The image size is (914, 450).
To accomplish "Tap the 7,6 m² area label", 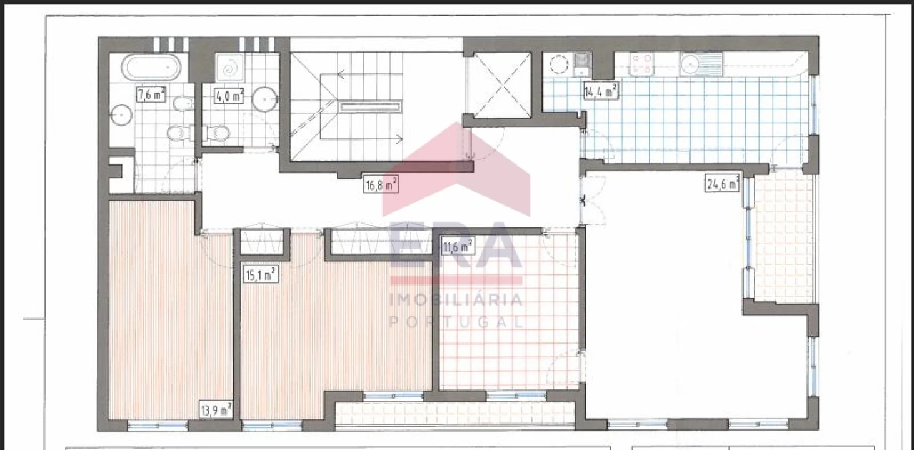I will (151, 95).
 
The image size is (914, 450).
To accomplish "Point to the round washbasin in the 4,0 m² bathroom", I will (264, 99).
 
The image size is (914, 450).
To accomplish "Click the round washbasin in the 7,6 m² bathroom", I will (120, 115).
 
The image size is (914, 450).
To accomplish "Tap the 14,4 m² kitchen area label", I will (601, 91).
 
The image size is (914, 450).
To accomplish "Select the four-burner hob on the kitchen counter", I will (641, 64).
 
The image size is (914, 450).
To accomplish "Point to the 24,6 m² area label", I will (723, 183).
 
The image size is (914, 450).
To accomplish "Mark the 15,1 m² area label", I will (260, 274).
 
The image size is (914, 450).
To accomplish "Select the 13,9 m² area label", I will (216, 410).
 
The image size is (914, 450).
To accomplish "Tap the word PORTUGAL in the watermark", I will (456, 321).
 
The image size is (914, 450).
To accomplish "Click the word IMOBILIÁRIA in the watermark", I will (456, 299).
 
